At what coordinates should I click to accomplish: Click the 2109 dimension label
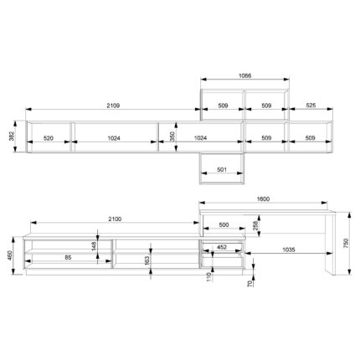tap(113, 105)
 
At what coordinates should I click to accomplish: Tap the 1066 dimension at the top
tap(245, 75)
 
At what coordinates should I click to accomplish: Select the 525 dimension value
tap(311, 105)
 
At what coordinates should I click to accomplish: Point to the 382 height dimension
tap(12, 136)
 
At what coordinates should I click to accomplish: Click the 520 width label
tap(49, 138)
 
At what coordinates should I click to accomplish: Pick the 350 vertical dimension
tap(172, 136)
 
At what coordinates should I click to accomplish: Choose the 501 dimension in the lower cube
tap(222, 169)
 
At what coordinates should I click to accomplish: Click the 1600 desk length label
tap(263, 199)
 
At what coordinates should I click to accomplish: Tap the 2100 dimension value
tap(115, 219)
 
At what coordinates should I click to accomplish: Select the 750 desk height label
tap(347, 244)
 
